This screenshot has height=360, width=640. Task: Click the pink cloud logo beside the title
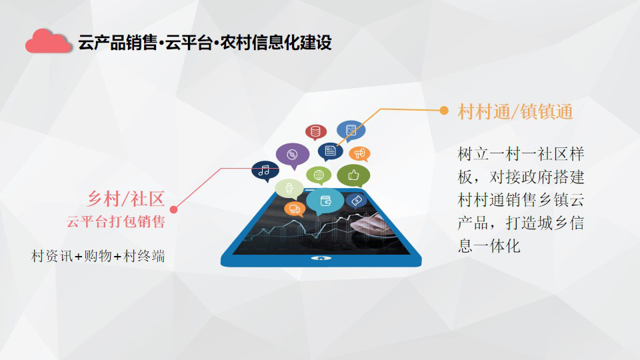click(48, 41)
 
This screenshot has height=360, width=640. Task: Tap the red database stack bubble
click(315, 132)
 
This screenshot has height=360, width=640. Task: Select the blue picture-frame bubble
click(351, 131)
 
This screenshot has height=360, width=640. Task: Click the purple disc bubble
click(292, 155)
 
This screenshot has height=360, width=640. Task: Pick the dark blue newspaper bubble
click(330, 151)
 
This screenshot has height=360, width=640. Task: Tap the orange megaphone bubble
click(359, 154)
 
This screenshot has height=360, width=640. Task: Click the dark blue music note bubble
click(265, 171)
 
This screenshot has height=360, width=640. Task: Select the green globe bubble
click(319, 175)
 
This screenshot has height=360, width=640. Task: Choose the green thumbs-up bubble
click(353, 175)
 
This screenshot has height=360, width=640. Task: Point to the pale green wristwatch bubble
click(289, 189)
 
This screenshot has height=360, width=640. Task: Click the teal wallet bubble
click(325, 201)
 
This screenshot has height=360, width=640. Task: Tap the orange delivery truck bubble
click(294, 209)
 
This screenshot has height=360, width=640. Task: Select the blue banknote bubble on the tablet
click(356, 201)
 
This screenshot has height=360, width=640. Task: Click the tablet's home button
click(321, 258)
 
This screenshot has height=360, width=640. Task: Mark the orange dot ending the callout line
click(444, 110)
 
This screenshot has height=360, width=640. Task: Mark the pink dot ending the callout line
click(173, 209)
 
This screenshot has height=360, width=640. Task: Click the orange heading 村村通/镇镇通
click(515, 112)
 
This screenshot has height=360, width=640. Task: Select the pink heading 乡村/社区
click(126, 199)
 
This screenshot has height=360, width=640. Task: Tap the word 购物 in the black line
click(97, 256)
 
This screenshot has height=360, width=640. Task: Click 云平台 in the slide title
click(189, 43)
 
